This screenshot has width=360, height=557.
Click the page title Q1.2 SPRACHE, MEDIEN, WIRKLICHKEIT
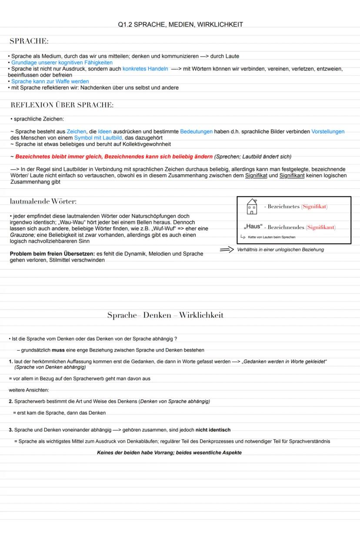point(180,25)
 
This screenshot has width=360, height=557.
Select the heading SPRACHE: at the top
point(29,41)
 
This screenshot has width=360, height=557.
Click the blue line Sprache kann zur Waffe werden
point(50,81)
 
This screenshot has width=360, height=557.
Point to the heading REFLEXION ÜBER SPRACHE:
point(62,105)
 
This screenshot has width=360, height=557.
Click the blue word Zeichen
point(76,131)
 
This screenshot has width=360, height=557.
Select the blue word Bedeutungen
point(197,131)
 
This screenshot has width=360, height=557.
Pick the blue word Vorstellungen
point(328,131)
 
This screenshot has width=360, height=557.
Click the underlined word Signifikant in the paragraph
point(292,175)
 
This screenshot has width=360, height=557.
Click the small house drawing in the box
point(252,207)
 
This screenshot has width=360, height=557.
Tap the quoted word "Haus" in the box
point(253,227)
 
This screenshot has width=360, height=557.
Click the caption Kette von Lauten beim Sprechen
point(272,237)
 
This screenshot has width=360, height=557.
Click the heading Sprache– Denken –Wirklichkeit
point(165,315)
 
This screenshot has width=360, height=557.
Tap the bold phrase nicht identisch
point(213,430)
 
